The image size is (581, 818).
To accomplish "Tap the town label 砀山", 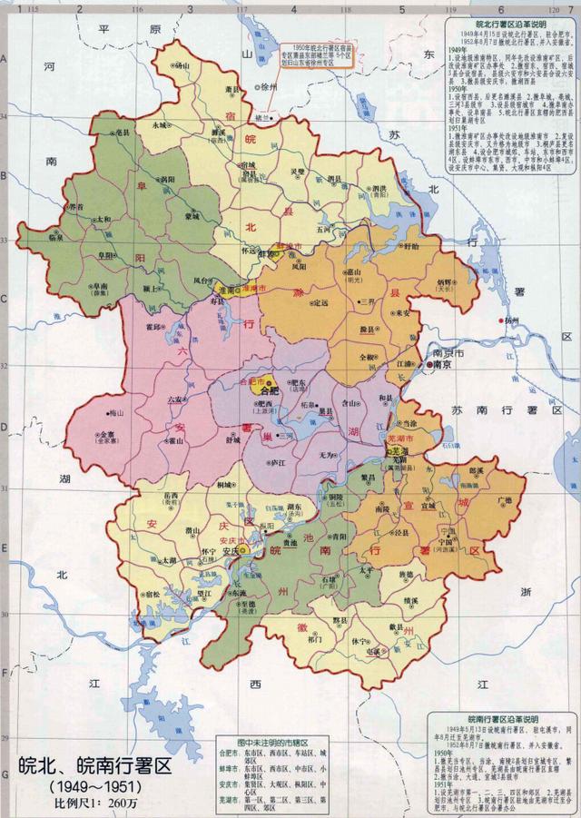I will pyautogui.click(x=182, y=65).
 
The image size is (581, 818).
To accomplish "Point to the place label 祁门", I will pyautogui.click(x=316, y=639).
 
